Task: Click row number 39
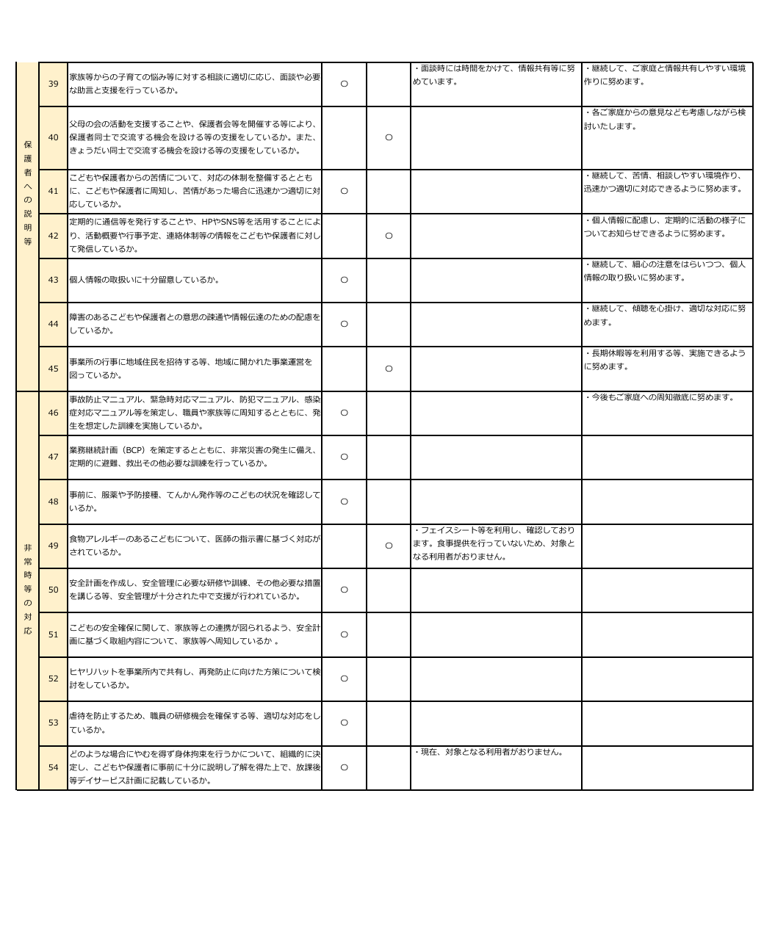click(x=53, y=84)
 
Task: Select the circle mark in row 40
click(x=389, y=137)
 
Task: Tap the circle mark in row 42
click(x=389, y=236)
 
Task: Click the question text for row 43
click(x=144, y=280)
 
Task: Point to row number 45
click(x=53, y=369)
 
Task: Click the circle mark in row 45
click(x=389, y=369)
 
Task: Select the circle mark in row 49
click(x=389, y=546)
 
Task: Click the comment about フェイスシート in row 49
click(x=494, y=543)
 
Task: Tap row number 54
click(x=53, y=767)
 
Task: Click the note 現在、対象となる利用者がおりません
click(x=489, y=753)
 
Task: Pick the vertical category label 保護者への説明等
click(x=28, y=192)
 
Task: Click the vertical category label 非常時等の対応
click(x=28, y=589)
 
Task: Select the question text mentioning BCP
click(x=194, y=457)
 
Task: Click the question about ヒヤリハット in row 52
click(x=194, y=679)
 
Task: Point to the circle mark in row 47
click(x=344, y=457)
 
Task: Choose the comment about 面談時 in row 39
click(x=494, y=75)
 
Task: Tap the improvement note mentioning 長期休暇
click(x=665, y=360)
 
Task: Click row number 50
click(x=53, y=590)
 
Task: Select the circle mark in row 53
click(x=344, y=723)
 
